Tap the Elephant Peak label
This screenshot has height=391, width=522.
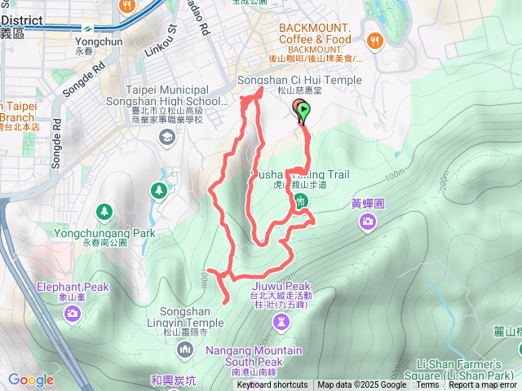click(x=72, y=287)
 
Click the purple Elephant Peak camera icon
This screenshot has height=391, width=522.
click(x=73, y=313)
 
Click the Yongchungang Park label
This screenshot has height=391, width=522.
click(x=104, y=233)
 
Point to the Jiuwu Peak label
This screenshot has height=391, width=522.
click(x=281, y=287)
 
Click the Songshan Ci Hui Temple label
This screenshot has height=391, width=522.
click(x=299, y=80)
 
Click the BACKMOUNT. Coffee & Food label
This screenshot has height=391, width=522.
click(x=315, y=33)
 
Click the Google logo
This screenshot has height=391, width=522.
click(x=31, y=380)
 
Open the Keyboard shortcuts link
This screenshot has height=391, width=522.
click(x=272, y=385)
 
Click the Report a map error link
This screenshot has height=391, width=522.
click(x=484, y=385)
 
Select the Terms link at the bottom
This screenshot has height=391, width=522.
click(x=427, y=385)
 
